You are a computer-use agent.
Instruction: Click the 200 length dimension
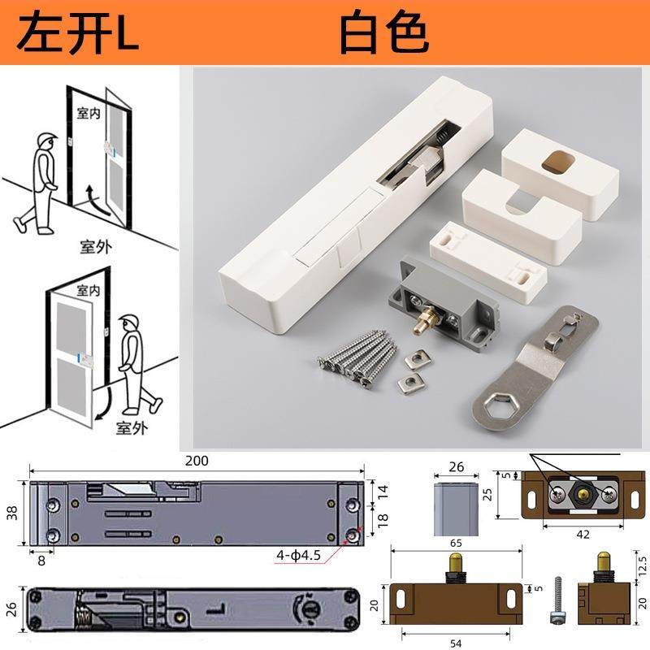tap(197, 461)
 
